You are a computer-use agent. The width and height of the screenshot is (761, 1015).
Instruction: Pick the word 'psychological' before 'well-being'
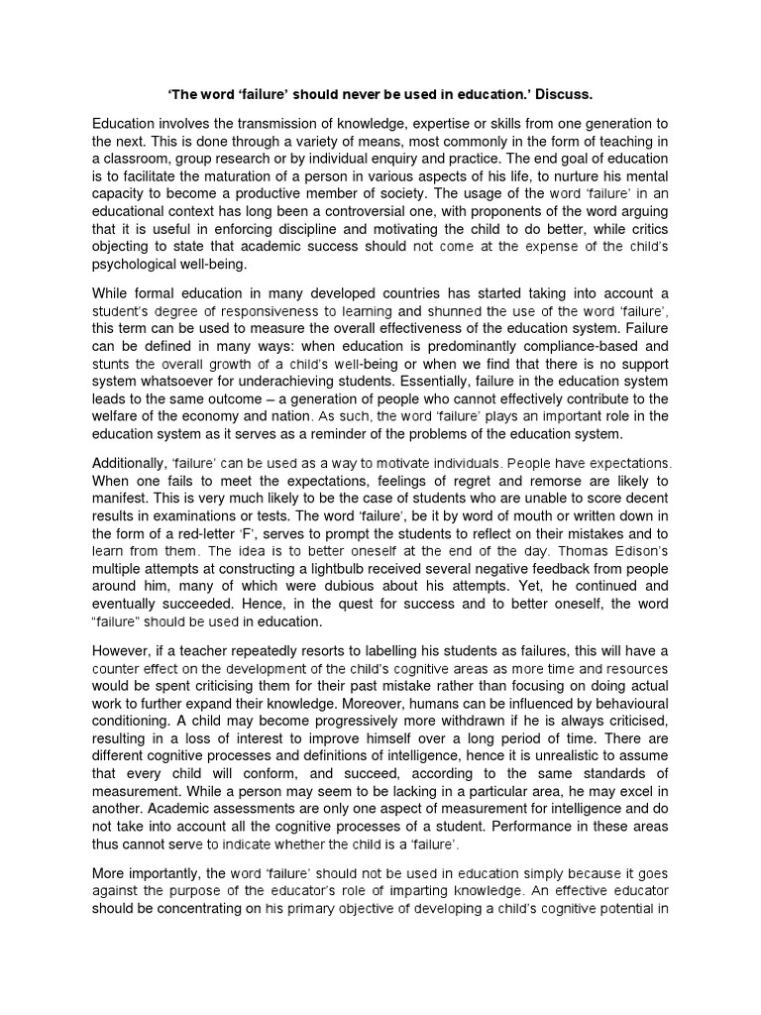pyautogui.click(x=138, y=265)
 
